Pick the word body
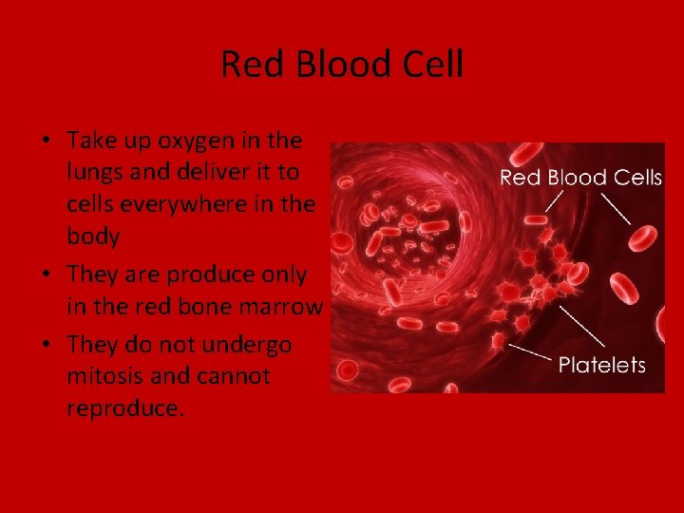(x=93, y=237)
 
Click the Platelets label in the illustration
(x=601, y=365)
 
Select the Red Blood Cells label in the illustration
(x=580, y=178)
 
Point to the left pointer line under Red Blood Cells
(x=552, y=202)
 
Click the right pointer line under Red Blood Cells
(x=615, y=205)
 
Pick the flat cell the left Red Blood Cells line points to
(x=536, y=221)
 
